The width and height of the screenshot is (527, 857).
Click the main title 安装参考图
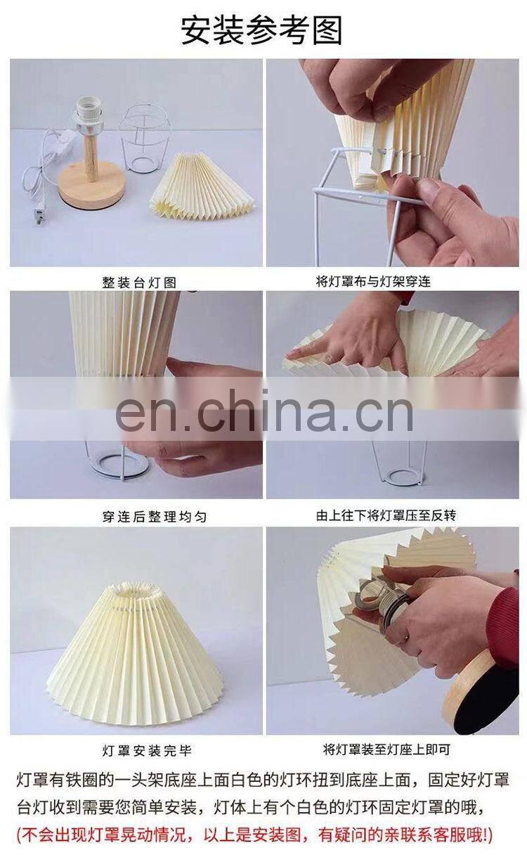[261, 31]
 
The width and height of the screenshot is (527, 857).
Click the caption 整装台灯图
[139, 283]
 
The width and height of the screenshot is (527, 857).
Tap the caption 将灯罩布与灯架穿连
[373, 282]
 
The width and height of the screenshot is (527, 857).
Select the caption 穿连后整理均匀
[155, 517]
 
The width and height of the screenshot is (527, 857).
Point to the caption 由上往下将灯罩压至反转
[386, 516]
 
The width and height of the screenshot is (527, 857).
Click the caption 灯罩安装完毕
[146, 751]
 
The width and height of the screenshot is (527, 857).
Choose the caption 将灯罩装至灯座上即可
[386, 749]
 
